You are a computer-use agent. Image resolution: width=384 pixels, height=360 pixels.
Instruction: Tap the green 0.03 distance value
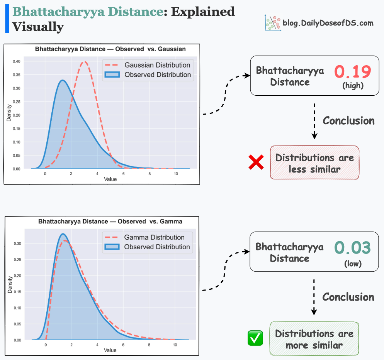pyautogui.click(x=353, y=248)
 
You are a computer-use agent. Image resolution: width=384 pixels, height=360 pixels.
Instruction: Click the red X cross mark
pyautogui.click(x=256, y=162)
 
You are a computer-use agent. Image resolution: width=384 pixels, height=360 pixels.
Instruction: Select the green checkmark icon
pyautogui.click(x=255, y=338)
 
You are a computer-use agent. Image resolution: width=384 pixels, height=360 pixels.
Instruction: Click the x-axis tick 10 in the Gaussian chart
pyautogui.click(x=176, y=174)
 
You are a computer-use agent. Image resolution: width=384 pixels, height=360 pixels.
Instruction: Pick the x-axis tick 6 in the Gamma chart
pyautogui.click(x=123, y=345)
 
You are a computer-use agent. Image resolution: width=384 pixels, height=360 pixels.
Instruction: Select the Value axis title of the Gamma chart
pyautogui.click(x=110, y=350)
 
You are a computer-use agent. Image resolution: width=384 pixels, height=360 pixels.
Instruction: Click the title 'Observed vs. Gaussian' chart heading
pyautogui.click(x=110, y=49)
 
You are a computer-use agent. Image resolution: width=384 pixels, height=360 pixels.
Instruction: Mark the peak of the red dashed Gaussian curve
pyautogui.click(x=85, y=61)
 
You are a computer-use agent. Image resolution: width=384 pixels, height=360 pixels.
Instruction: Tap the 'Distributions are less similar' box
pyautogui.click(x=314, y=163)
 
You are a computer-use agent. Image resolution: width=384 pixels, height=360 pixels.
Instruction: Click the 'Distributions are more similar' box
pyautogui.click(x=314, y=339)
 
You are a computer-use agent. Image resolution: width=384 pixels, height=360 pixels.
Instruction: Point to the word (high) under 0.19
pyautogui.click(x=353, y=86)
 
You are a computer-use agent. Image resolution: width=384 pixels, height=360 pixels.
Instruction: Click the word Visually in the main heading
pyautogui.click(x=38, y=27)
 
